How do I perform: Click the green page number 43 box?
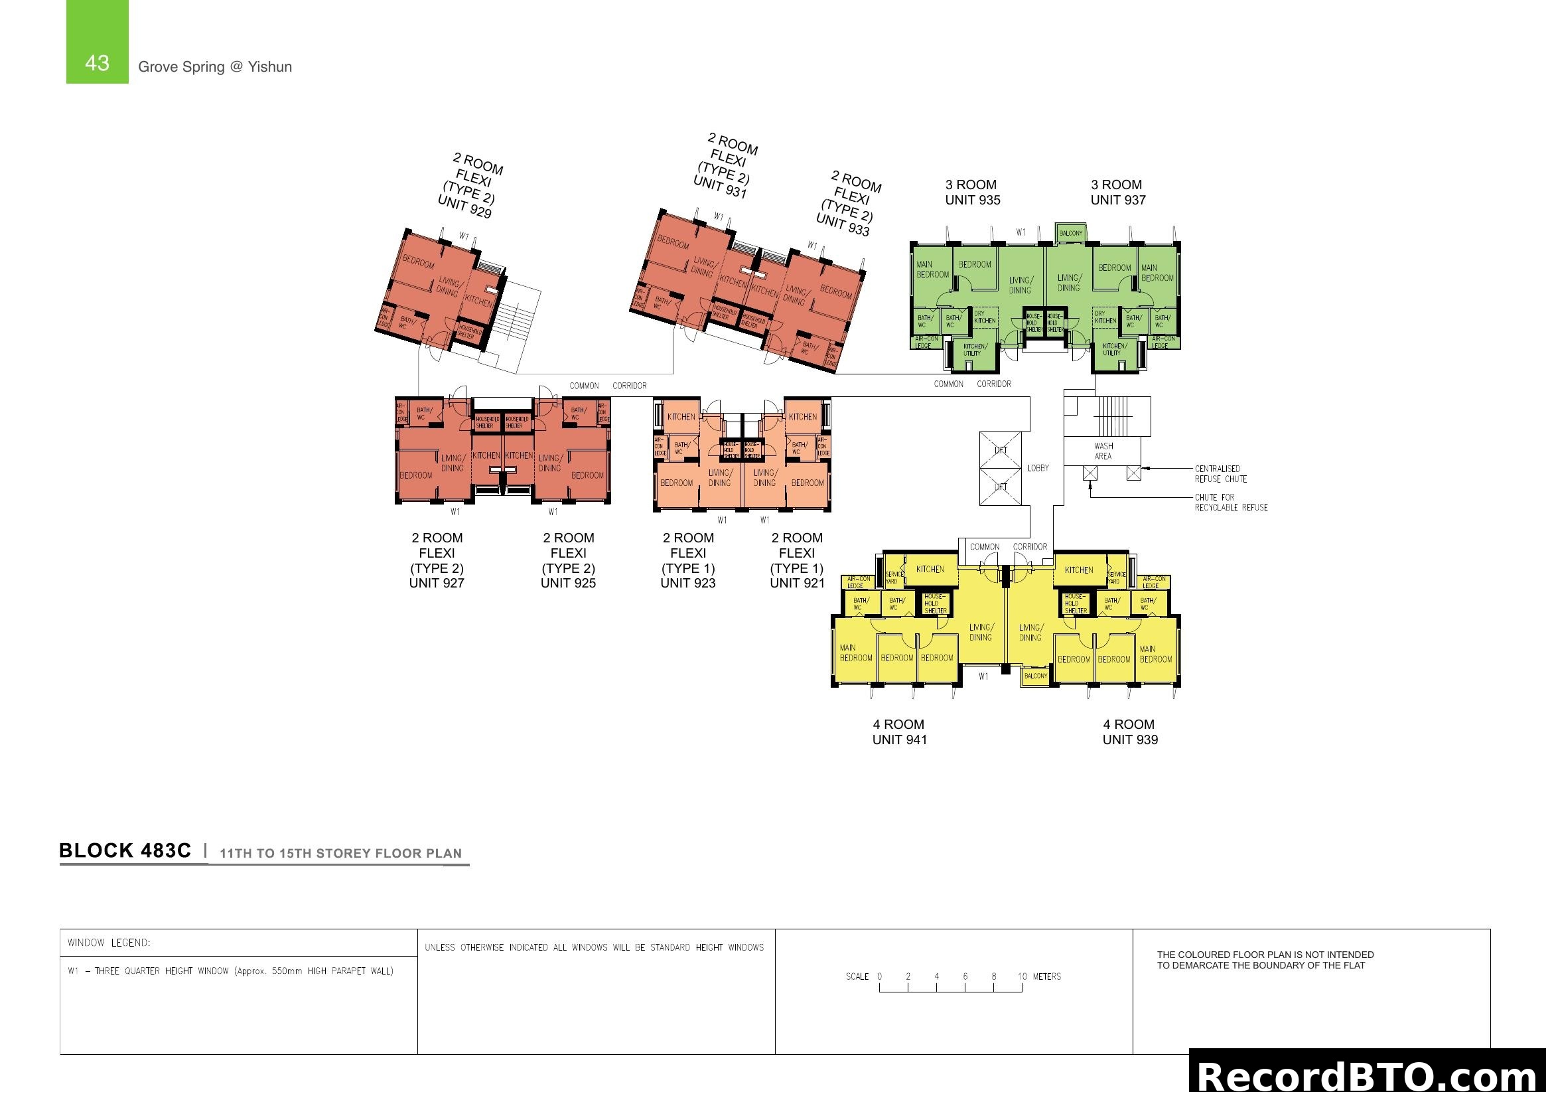pos(97,42)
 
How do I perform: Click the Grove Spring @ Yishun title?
pos(215,67)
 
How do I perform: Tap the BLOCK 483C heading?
pos(125,850)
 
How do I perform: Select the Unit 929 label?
pos(464,206)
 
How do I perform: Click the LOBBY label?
pos(1038,468)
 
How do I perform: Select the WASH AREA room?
pos(1103,451)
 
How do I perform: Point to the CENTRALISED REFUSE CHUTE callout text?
pos(1220,474)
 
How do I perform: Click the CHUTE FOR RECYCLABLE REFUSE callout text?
pos(1230,503)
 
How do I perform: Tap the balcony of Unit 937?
pos(1071,233)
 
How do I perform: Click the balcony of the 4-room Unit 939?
pos(1035,676)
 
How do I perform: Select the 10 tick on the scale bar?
pos(1022,977)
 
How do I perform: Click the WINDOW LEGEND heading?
pos(109,943)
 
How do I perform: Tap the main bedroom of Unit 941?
pos(855,653)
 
